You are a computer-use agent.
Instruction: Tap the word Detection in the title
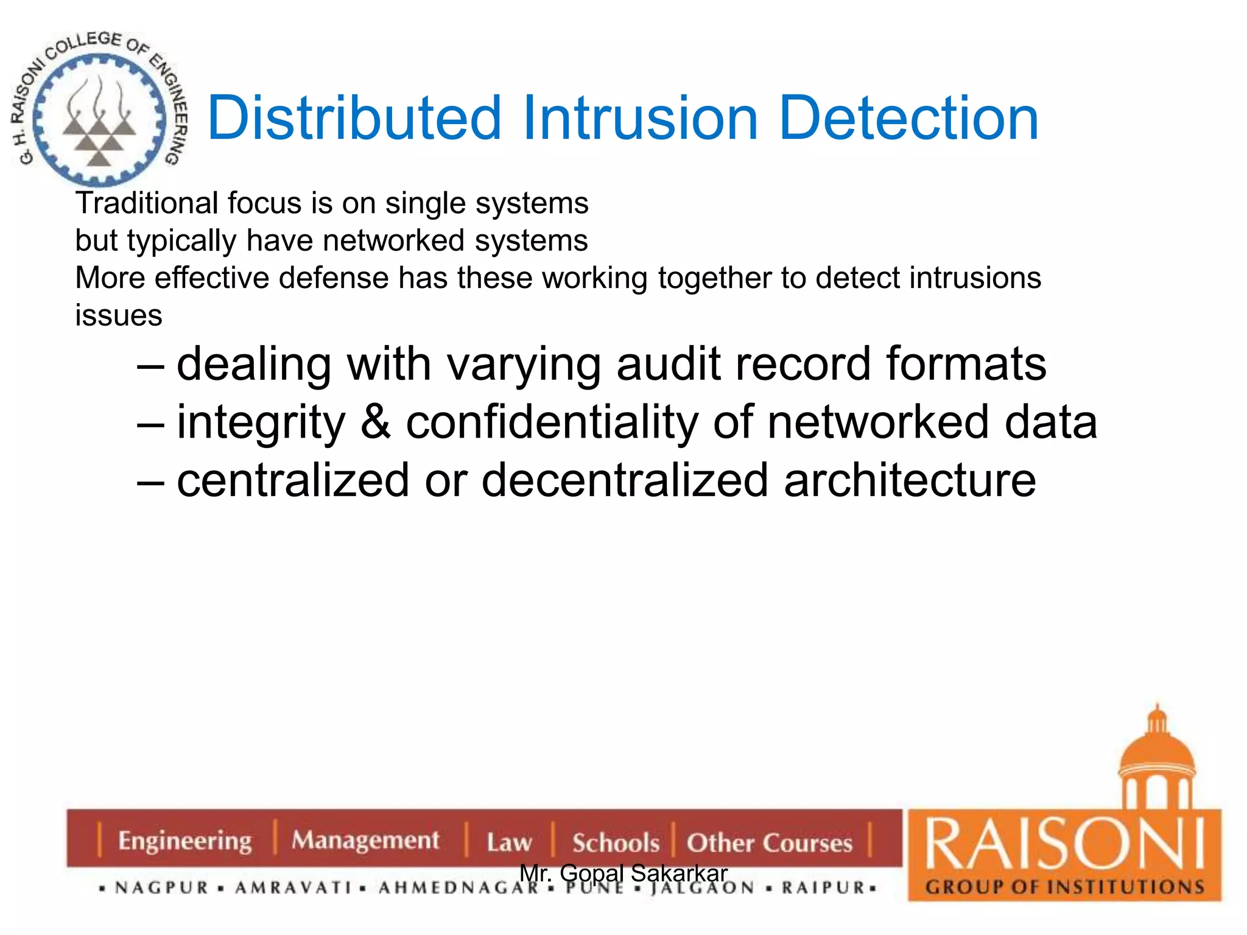tap(908, 118)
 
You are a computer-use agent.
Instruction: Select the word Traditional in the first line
tap(147, 203)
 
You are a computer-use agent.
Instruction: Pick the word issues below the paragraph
tap(119, 315)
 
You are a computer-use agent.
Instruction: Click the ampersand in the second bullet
tap(375, 422)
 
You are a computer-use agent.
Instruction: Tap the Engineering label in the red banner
tap(184, 841)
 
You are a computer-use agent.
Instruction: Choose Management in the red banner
tap(365, 841)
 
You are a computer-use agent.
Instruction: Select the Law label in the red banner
tap(509, 842)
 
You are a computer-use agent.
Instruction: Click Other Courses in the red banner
tap(770, 842)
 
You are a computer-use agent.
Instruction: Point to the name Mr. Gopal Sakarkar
tap(623, 873)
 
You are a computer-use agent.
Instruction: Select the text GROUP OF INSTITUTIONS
tap(1065, 886)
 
